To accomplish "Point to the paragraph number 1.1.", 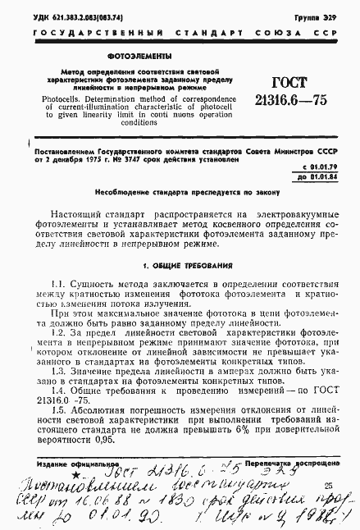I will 57,283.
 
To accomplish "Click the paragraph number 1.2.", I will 57,334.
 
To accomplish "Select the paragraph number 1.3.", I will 57,372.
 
